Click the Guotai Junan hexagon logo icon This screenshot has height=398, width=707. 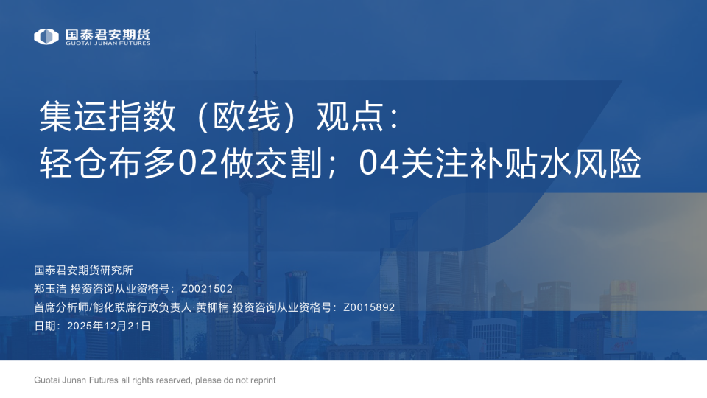(46, 36)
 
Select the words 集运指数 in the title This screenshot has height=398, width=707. (108, 117)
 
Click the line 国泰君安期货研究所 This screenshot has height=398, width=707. (83, 270)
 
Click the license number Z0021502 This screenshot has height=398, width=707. (206, 289)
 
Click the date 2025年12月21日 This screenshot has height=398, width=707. (109, 326)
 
